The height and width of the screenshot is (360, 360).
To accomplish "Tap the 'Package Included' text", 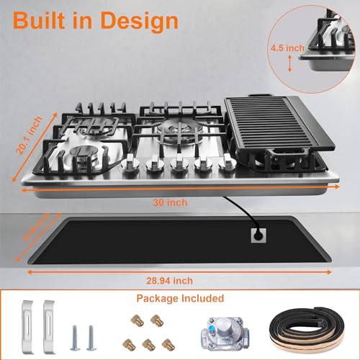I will (180, 298).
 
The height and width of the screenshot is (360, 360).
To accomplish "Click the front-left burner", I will (86, 154).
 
